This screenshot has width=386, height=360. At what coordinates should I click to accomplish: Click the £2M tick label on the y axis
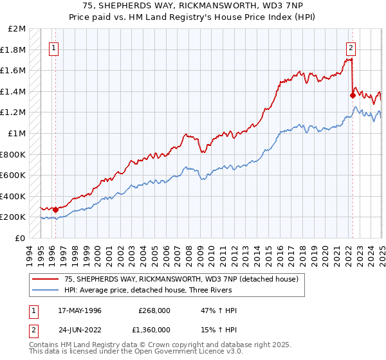click(x=17, y=29)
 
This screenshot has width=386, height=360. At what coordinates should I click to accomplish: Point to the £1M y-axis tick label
click(x=17, y=133)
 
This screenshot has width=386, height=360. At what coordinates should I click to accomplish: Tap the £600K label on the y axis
click(x=14, y=175)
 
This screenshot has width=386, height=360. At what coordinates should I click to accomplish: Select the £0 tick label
click(x=21, y=238)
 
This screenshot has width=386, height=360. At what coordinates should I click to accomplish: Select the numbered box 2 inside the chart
click(x=351, y=47)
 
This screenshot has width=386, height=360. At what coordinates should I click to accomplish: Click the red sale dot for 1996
click(x=56, y=210)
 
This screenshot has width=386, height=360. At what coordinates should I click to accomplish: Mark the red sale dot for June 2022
click(x=353, y=96)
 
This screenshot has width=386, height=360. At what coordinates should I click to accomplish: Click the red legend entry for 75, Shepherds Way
click(x=181, y=280)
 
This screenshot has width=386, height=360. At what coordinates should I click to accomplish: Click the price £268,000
click(x=154, y=310)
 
